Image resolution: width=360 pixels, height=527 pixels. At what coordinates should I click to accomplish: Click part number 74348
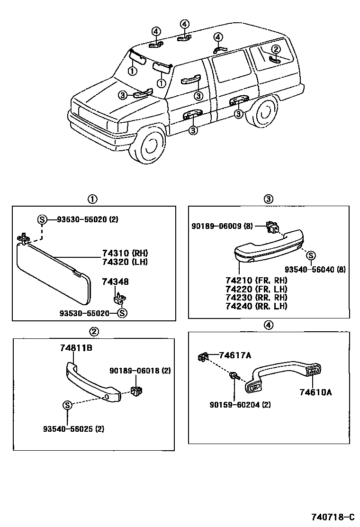[x=115, y=282]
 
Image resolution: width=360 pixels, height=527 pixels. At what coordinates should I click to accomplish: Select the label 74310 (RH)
[x=124, y=253]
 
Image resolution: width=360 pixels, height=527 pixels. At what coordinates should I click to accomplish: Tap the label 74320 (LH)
[x=124, y=261]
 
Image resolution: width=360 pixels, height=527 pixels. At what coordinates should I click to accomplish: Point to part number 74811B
[x=76, y=348]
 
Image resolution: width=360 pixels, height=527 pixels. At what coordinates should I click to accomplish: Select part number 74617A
[x=234, y=355]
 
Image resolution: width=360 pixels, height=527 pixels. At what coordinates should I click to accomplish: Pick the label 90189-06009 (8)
[x=222, y=226]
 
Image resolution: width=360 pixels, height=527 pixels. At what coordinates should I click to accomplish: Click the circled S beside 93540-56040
[x=311, y=256]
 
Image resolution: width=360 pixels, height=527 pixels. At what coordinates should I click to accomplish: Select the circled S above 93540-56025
[x=67, y=405]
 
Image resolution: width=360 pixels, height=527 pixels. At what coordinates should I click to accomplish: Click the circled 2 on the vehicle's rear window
[x=276, y=49]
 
